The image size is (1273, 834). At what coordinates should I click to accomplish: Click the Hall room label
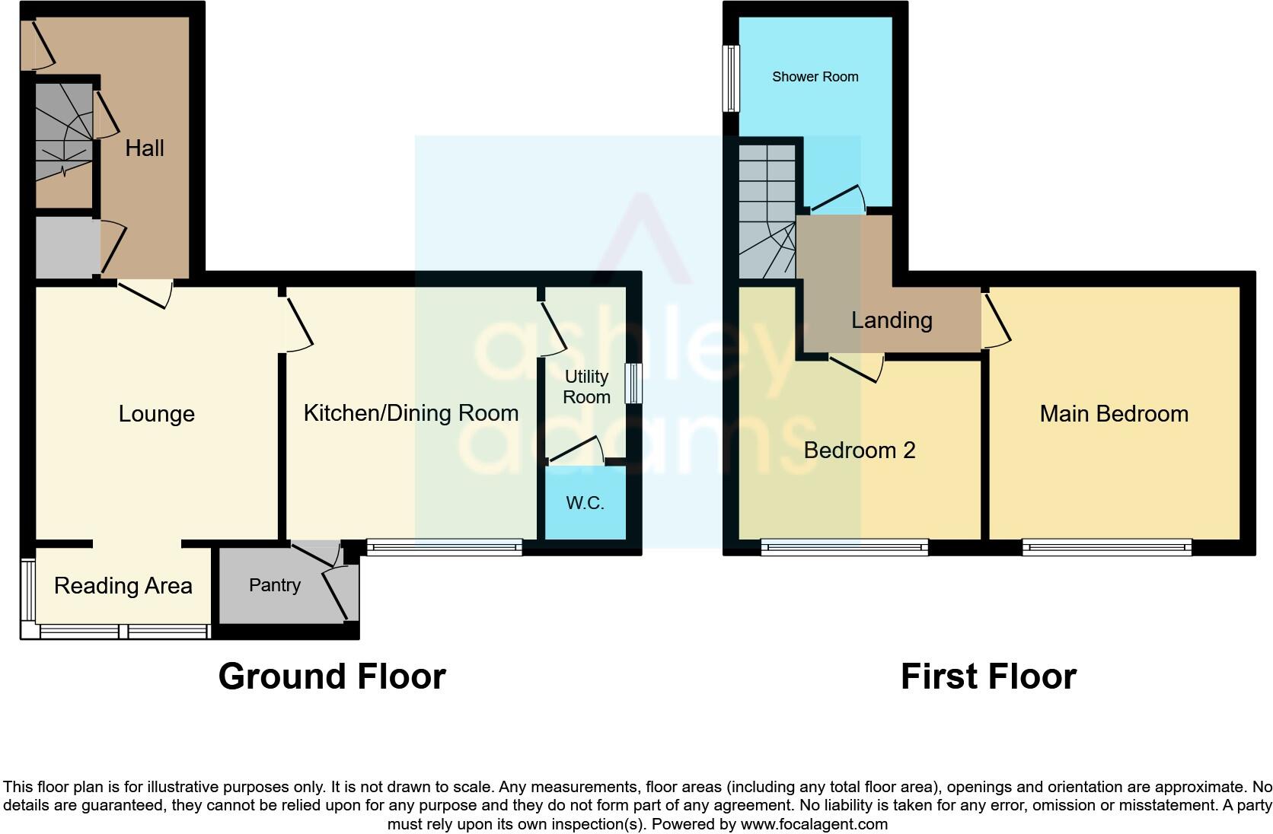point(144,148)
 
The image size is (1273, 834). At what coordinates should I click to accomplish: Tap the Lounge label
point(157,414)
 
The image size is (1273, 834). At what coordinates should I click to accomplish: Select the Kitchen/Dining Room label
point(410,413)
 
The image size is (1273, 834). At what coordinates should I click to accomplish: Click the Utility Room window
point(633,383)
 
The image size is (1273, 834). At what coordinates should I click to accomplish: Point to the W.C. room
point(585,503)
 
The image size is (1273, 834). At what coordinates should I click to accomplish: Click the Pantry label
point(274,585)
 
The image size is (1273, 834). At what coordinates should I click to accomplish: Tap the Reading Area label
point(123,586)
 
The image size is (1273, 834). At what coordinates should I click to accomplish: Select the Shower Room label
point(815,77)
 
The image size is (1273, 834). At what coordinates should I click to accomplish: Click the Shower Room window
point(731,78)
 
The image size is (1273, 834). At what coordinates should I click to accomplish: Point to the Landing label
point(891,320)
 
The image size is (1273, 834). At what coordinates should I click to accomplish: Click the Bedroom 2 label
point(859,450)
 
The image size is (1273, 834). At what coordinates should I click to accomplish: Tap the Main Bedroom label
point(1113,414)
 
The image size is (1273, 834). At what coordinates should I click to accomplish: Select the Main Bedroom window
point(1106,546)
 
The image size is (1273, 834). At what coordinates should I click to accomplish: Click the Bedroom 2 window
point(844,546)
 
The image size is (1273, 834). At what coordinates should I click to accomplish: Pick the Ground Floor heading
point(332,676)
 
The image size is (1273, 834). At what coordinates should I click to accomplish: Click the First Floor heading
point(988,676)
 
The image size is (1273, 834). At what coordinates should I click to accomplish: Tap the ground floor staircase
point(64,133)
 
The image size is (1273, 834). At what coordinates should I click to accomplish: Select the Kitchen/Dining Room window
point(444,546)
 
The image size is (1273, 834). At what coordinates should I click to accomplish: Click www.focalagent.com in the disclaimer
point(813,824)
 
